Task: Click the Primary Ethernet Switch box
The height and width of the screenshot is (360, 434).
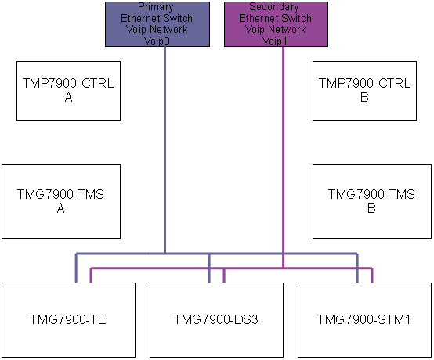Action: pos(157,24)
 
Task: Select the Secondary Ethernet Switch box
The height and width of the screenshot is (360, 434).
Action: pos(276,24)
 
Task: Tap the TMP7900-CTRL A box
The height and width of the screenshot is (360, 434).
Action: pos(68,91)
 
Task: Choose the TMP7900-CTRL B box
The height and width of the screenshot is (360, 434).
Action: pos(364,91)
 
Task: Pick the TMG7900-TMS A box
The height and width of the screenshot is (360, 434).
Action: pos(61,202)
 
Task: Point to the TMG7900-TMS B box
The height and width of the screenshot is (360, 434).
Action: pos(372,202)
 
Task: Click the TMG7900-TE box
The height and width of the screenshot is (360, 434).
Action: pos(68,320)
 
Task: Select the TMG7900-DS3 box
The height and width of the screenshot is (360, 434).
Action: pos(216,320)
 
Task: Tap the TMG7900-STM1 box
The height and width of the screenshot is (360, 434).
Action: pos(364,320)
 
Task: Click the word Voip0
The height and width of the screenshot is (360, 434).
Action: pos(157,41)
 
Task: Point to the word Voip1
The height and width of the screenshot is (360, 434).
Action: pos(275,41)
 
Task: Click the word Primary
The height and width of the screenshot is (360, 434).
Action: pos(156,6)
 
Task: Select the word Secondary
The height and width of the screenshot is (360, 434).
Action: pos(274,6)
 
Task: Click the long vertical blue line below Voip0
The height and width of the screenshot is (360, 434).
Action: pos(165,149)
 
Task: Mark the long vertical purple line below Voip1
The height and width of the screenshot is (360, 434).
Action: pos(283,157)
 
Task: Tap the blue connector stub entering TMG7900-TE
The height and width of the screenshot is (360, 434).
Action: pos(77,268)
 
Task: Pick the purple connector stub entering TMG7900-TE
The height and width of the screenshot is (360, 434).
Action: pos(91,275)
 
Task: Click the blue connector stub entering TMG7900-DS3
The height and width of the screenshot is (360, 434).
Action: pos(209,268)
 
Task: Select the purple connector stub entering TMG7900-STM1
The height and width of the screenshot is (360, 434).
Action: pos(372,275)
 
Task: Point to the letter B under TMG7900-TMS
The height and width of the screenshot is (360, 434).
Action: pos(371,208)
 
